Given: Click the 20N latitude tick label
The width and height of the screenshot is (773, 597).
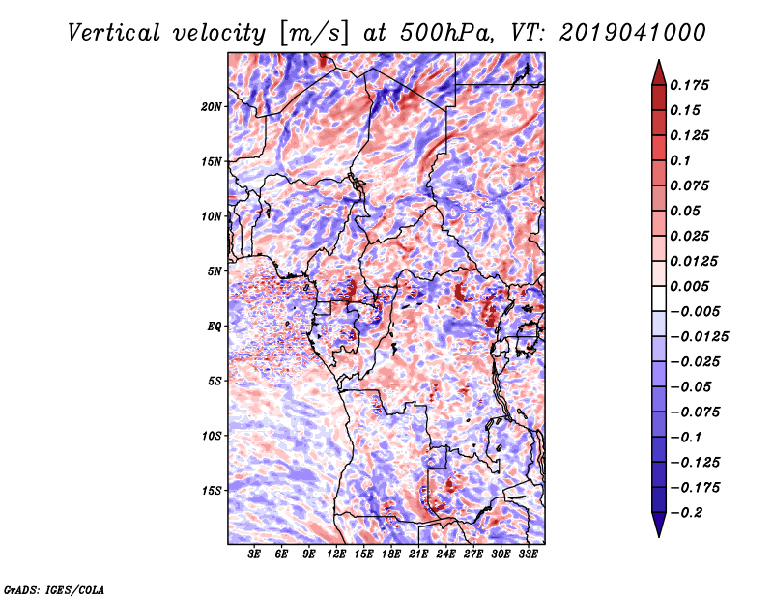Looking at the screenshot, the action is coord(212,106).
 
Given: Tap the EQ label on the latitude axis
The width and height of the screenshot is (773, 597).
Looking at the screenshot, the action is coord(215,326).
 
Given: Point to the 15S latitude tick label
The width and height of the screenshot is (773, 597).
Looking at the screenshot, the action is coord(212,491).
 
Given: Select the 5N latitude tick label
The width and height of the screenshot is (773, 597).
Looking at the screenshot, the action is coord(215,271).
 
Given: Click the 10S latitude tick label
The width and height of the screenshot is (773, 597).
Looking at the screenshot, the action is coord(212,436).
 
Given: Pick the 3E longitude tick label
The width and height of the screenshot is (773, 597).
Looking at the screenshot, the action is coord(254,554).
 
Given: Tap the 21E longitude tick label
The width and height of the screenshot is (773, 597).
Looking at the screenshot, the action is coord(418,554).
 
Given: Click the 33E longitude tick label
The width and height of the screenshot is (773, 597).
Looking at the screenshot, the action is coord(528,554).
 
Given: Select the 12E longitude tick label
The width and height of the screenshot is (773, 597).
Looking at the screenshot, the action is coord(336,554).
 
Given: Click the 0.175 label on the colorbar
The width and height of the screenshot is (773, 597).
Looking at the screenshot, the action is coord(689,85).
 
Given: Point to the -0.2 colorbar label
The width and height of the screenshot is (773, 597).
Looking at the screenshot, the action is coord(686,513).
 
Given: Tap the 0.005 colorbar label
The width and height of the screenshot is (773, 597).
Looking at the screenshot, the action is coord(689,286).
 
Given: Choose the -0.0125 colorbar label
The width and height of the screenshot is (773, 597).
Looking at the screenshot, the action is coord(699,337).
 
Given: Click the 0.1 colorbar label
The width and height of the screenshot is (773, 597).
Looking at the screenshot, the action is coord(680,160).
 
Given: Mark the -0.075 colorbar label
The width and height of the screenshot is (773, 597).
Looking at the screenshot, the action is coord(695,412).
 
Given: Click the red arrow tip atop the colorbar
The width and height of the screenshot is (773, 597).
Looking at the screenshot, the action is coord(659,61).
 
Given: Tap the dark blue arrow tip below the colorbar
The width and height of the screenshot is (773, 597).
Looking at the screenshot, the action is coord(659,536).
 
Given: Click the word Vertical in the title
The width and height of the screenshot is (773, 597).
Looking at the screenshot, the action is coord(113,33).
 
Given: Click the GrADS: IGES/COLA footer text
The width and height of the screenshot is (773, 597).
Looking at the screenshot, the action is coord(54,589).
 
